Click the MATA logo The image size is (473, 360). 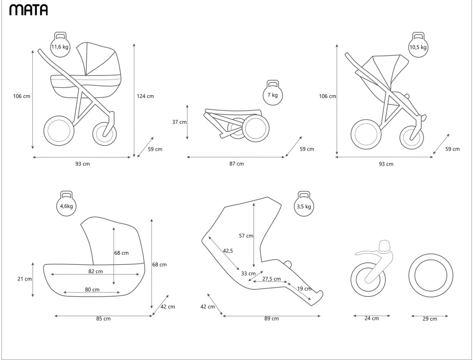(28, 10)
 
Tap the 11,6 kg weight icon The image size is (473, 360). (60, 46)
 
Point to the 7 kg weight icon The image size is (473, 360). (273, 94)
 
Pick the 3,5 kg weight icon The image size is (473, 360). (303, 205)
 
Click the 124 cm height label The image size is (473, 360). (145, 96)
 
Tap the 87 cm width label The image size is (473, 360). (237, 164)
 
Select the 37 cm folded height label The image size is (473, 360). (179, 122)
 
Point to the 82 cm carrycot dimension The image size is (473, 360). (96, 271)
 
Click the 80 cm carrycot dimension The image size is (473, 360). (92, 290)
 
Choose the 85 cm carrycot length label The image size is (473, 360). (103, 318)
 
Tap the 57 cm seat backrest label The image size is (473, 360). (246, 236)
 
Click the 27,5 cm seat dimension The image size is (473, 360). (272, 279)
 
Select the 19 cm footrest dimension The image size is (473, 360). (304, 289)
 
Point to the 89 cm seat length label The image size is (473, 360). (272, 318)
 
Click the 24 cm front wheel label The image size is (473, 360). (372, 318)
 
